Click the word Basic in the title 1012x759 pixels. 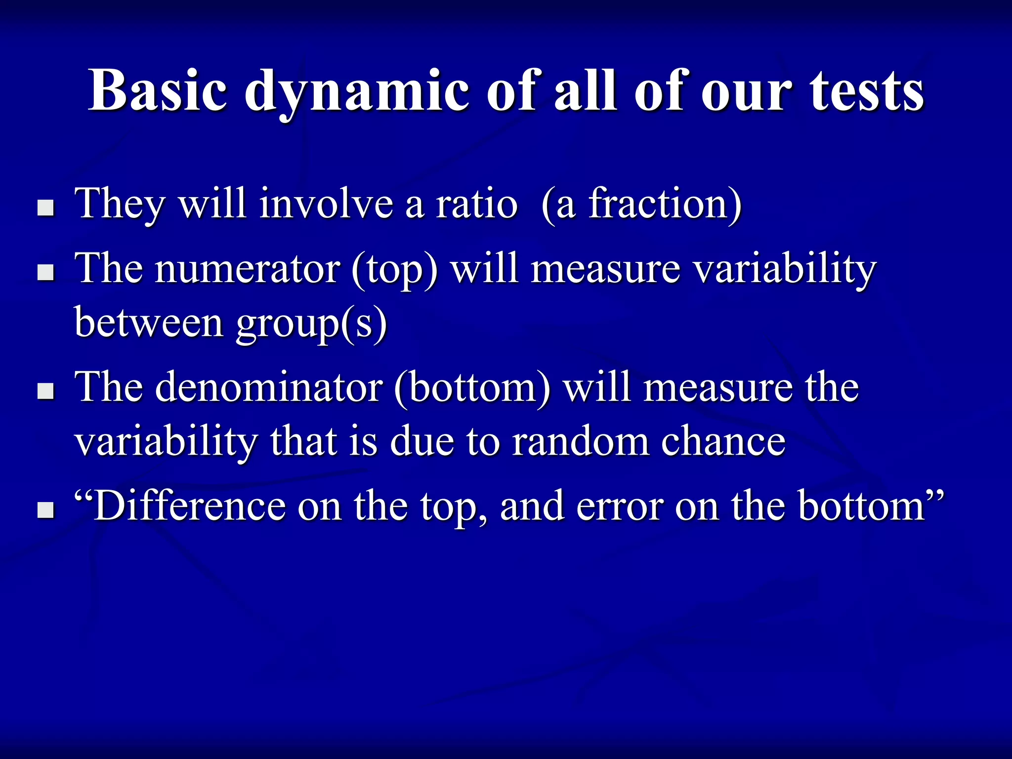click(158, 91)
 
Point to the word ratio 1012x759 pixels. click(477, 204)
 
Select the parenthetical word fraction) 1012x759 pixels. click(665, 204)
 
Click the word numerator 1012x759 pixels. click(247, 269)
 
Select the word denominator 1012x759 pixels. click(269, 387)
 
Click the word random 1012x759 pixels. click(580, 441)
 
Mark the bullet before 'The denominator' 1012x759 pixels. click(46, 392)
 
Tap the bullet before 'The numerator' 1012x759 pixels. click(46, 273)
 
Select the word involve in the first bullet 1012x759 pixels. click(326, 204)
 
